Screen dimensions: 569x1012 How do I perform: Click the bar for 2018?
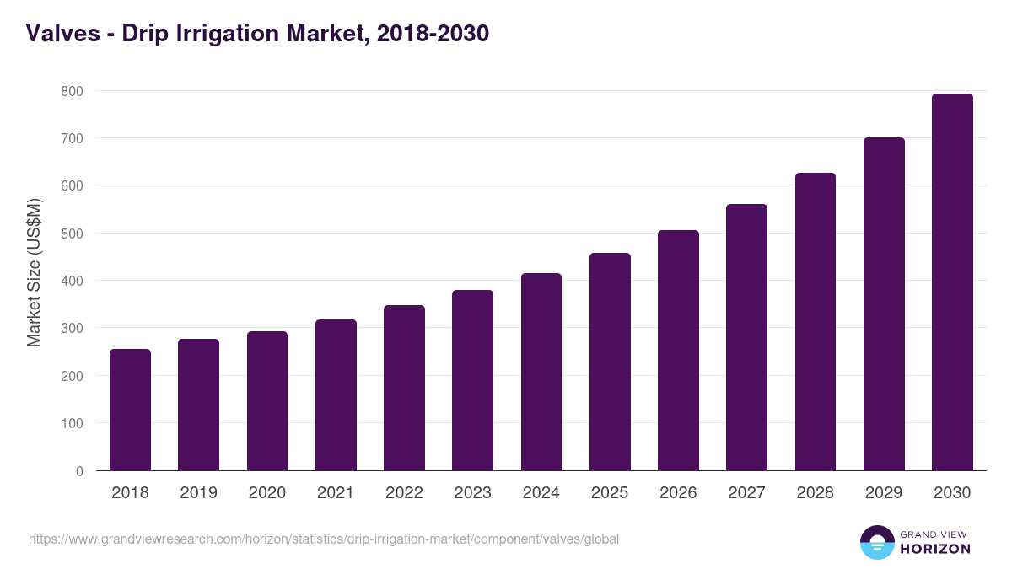(130, 410)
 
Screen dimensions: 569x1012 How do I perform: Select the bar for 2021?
(336, 395)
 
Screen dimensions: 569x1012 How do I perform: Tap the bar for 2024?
(541, 372)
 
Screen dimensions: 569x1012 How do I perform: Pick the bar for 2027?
(746, 337)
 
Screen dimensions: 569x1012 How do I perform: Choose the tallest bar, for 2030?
(952, 282)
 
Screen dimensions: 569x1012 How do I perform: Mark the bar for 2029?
(884, 303)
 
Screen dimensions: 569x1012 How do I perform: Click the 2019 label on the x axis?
(198, 493)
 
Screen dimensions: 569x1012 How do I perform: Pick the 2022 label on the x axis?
(404, 493)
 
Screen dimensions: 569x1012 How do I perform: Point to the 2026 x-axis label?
(678, 493)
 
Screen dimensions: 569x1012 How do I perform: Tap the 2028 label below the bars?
(815, 493)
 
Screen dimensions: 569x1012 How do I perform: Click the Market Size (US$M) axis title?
(34, 272)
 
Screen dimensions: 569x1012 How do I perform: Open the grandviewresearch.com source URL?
(323, 539)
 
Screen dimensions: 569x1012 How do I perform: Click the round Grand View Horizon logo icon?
(876, 542)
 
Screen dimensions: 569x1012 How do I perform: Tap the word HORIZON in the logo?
(935, 549)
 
